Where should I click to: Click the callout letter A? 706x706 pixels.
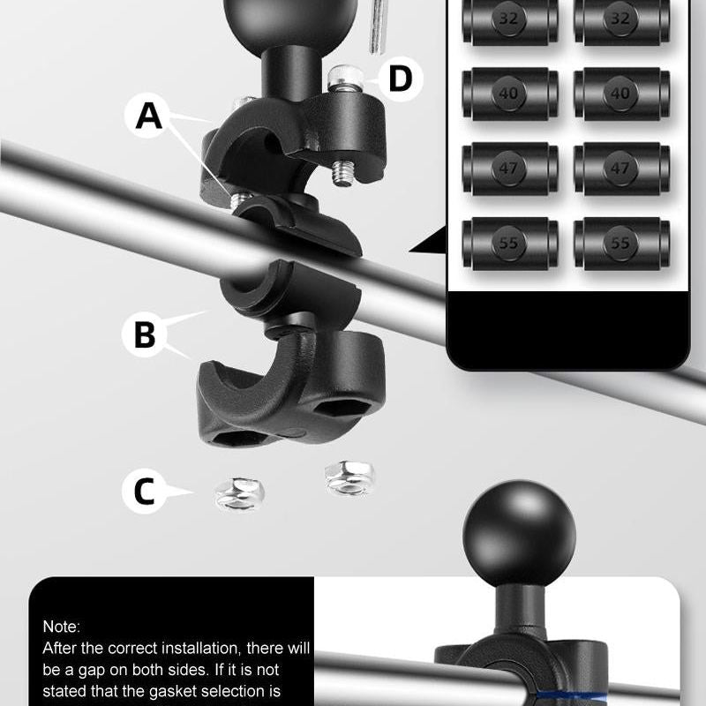[x=149, y=116]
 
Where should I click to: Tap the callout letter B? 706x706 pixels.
[x=145, y=334]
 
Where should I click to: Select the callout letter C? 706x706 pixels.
[x=144, y=491]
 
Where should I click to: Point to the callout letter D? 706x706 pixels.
[x=400, y=79]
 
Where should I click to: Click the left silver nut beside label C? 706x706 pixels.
[x=239, y=494]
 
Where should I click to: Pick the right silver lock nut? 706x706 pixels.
[x=349, y=478]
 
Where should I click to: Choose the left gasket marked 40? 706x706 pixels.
[x=511, y=94]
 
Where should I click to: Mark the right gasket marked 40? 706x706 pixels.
[x=622, y=94]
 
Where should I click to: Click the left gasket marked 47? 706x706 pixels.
[x=511, y=169]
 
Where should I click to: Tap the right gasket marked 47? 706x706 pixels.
[x=622, y=169]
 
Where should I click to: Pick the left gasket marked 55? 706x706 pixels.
[x=511, y=244]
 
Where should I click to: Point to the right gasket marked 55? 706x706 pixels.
[x=622, y=244]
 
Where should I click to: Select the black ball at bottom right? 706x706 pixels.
[x=519, y=533]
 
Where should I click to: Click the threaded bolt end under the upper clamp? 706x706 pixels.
[x=343, y=173]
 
